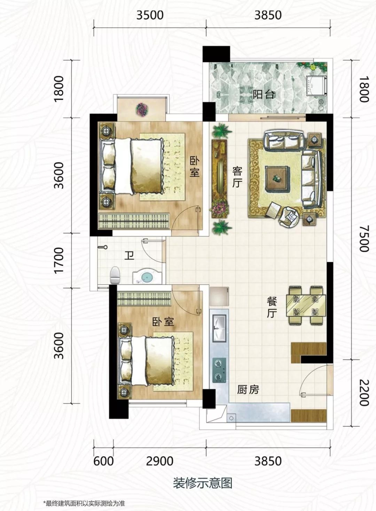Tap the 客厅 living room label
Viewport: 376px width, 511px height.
[x=237, y=177]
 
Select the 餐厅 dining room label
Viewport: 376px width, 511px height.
[x=272, y=308]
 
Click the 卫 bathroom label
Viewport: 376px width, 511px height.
[x=129, y=256]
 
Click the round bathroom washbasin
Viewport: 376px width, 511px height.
[x=147, y=277]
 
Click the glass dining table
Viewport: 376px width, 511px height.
[x=306, y=305]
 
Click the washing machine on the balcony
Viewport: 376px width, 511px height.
[x=317, y=86]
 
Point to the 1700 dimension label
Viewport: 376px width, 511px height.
[x=59, y=260]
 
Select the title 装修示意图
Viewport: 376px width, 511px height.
[x=203, y=476]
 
